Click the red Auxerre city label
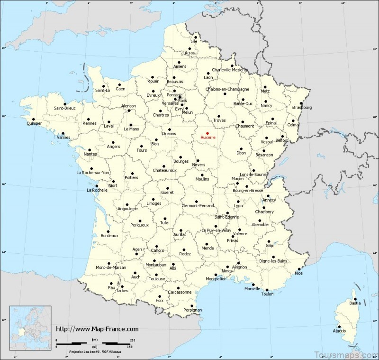208,138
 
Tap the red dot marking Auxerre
207,133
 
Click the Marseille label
252,288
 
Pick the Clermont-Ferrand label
198,205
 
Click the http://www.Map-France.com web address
97,329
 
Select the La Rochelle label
97,191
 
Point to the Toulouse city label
156,279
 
